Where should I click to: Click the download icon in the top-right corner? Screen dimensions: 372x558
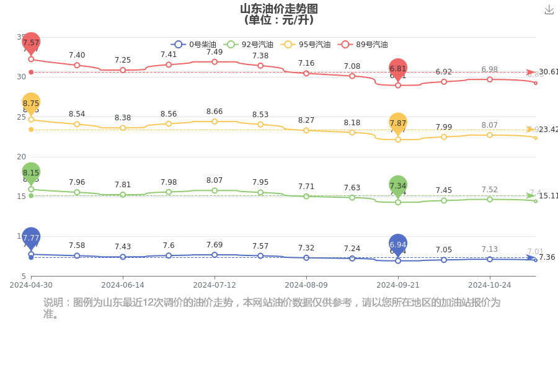pyautogui.click(x=549, y=9)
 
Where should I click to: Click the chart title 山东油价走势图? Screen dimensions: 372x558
pyautogui.click(x=278, y=9)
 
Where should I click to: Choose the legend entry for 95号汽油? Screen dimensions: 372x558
pyautogui.click(x=306, y=45)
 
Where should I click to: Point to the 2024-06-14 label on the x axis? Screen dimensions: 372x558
pyautogui.click(x=123, y=285)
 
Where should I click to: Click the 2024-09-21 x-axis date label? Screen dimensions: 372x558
pyautogui.click(x=398, y=285)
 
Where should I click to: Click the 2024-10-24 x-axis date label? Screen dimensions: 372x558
pyautogui.click(x=489, y=285)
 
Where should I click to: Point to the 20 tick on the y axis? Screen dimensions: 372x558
pyautogui.click(x=21, y=157)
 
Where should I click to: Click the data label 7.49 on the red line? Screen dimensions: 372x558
pyautogui.click(x=215, y=52)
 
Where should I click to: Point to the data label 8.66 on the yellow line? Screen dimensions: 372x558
pyautogui.click(x=215, y=112)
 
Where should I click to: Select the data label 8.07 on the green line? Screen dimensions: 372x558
pyautogui.click(x=215, y=181)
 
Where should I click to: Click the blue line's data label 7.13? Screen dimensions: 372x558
pyautogui.click(x=489, y=250)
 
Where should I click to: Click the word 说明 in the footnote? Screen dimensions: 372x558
pyautogui.click(x=53, y=303)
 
